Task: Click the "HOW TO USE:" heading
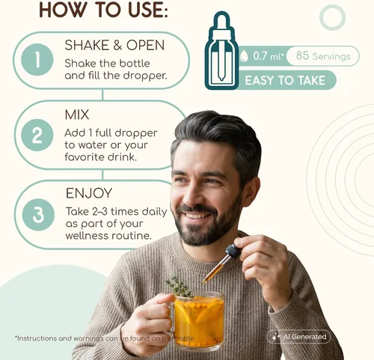point(103,10)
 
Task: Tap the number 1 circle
point(37,60)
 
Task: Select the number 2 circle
point(37,135)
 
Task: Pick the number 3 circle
point(38,215)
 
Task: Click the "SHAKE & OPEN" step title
point(114,46)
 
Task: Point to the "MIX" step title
point(77,115)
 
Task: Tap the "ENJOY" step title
point(89,193)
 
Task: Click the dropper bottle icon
point(221,50)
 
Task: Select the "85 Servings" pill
point(323,56)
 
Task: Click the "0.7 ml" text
point(268,56)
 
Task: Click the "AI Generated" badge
point(298,337)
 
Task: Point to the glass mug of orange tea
point(197,320)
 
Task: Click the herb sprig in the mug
point(179,287)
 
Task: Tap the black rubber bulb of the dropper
point(233,251)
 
